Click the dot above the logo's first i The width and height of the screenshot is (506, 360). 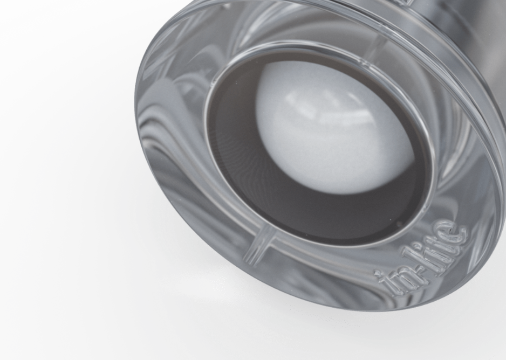click(377, 274)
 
